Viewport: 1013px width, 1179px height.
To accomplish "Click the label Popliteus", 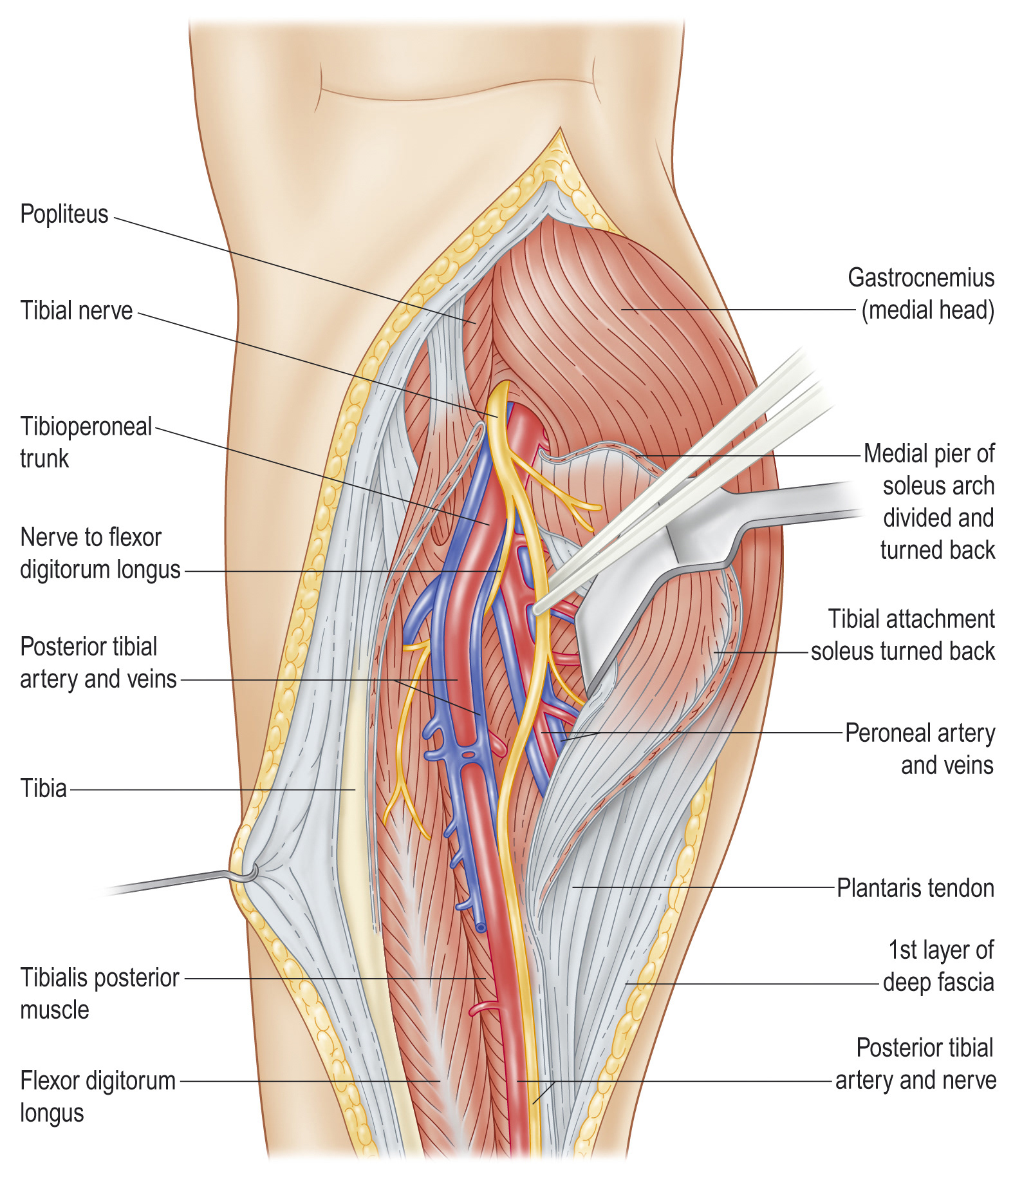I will click(64, 214).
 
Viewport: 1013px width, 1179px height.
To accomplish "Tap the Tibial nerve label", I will click(76, 311).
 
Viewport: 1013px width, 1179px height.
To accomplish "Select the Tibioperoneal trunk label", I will click(86, 442).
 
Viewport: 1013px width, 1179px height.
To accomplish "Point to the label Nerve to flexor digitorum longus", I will click(100, 554).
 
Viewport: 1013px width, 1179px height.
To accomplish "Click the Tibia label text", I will click(43, 789).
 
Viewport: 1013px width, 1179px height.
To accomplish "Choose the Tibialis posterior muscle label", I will click(99, 994).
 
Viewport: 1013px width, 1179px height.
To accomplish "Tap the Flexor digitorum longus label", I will click(97, 1097).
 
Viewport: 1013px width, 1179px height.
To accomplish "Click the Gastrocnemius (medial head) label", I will click(921, 294).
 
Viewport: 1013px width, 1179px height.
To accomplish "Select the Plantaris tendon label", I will click(915, 889).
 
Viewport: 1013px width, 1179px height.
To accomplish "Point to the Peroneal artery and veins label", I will click(920, 749).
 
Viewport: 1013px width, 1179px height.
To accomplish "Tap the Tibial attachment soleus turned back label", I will click(903, 635).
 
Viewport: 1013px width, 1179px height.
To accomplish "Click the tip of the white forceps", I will click(537, 608).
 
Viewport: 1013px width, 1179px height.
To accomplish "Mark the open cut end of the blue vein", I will click(481, 928).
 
